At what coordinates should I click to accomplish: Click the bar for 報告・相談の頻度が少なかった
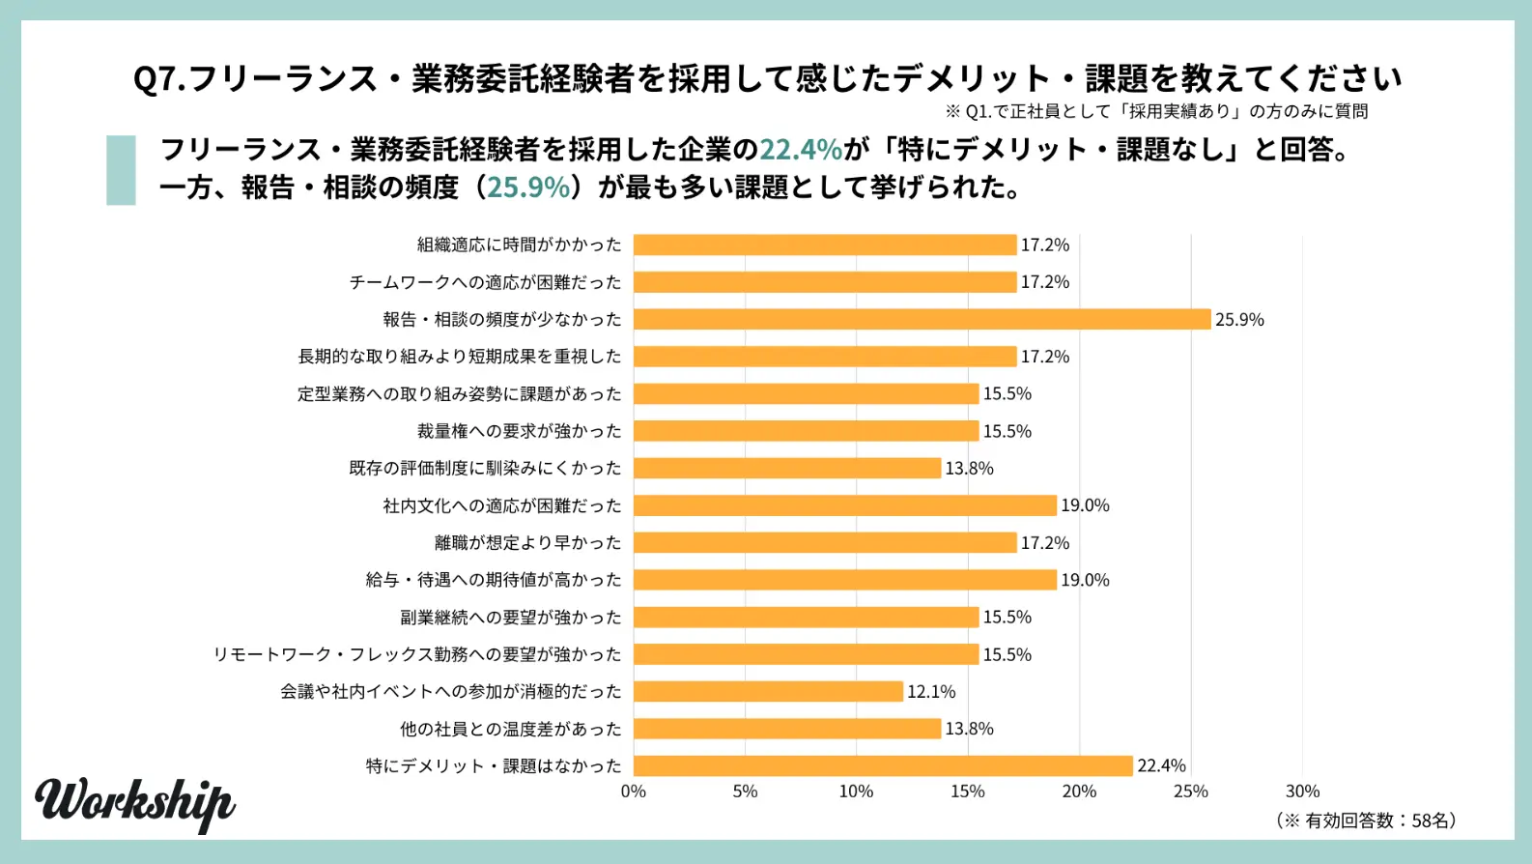922,319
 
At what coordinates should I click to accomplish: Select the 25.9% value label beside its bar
1239,320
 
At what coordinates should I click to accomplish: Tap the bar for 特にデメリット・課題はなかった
883,765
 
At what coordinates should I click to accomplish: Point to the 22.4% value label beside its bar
1161,765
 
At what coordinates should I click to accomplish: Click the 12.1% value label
931,692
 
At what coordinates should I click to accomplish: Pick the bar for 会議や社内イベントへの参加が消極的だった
768,691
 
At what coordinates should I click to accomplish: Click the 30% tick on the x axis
1302,792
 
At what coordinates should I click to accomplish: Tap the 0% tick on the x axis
634,792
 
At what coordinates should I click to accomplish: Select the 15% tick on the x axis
967,792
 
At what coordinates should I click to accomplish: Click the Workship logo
135,802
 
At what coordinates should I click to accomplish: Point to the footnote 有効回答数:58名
1366,821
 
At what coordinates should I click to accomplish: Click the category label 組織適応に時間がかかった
520,245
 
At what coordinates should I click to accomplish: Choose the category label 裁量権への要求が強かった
520,431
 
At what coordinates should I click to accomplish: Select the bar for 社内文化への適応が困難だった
845,505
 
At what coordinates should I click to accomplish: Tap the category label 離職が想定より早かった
528,543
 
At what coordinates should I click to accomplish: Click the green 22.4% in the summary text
801,149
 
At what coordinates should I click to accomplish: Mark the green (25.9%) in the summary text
528,187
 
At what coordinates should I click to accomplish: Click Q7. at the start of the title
159,78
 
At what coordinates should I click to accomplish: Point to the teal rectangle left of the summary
121,170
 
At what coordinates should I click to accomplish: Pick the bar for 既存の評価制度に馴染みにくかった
787,468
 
